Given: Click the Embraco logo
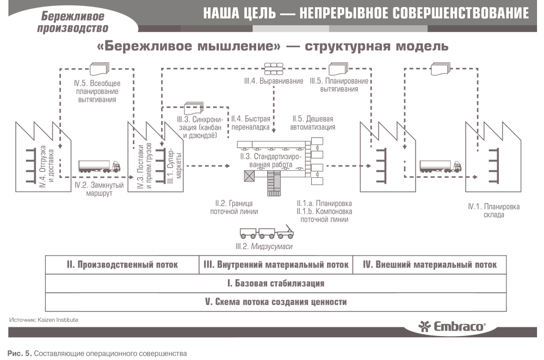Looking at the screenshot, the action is click(x=452, y=326).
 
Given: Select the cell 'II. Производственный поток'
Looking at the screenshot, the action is click(x=122, y=265).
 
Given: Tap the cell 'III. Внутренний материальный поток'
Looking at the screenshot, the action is click(x=276, y=265).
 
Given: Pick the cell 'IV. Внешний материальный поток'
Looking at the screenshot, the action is click(x=430, y=265).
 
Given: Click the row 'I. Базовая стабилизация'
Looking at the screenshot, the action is click(x=276, y=283).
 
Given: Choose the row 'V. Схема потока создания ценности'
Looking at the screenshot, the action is click(x=276, y=302).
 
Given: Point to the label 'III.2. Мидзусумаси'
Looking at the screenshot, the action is click(x=264, y=246).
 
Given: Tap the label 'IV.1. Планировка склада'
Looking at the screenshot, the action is click(x=494, y=210).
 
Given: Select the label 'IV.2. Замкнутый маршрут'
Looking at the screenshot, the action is click(x=99, y=189).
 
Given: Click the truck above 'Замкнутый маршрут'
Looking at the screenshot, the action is click(x=99, y=166).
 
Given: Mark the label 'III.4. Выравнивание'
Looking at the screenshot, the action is click(x=274, y=81).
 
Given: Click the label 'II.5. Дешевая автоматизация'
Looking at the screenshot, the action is click(x=313, y=123).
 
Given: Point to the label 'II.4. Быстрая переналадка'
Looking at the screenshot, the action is click(x=250, y=123).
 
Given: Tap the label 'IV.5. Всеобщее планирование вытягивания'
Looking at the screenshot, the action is click(x=97, y=91).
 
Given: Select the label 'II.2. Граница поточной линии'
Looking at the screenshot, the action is click(x=234, y=207).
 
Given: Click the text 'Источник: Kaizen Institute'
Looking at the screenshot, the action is click(x=44, y=320).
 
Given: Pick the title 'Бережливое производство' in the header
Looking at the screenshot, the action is click(x=73, y=22).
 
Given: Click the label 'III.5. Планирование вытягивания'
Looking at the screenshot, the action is click(x=339, y=85).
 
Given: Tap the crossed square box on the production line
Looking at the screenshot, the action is click(x=249, y=176).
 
